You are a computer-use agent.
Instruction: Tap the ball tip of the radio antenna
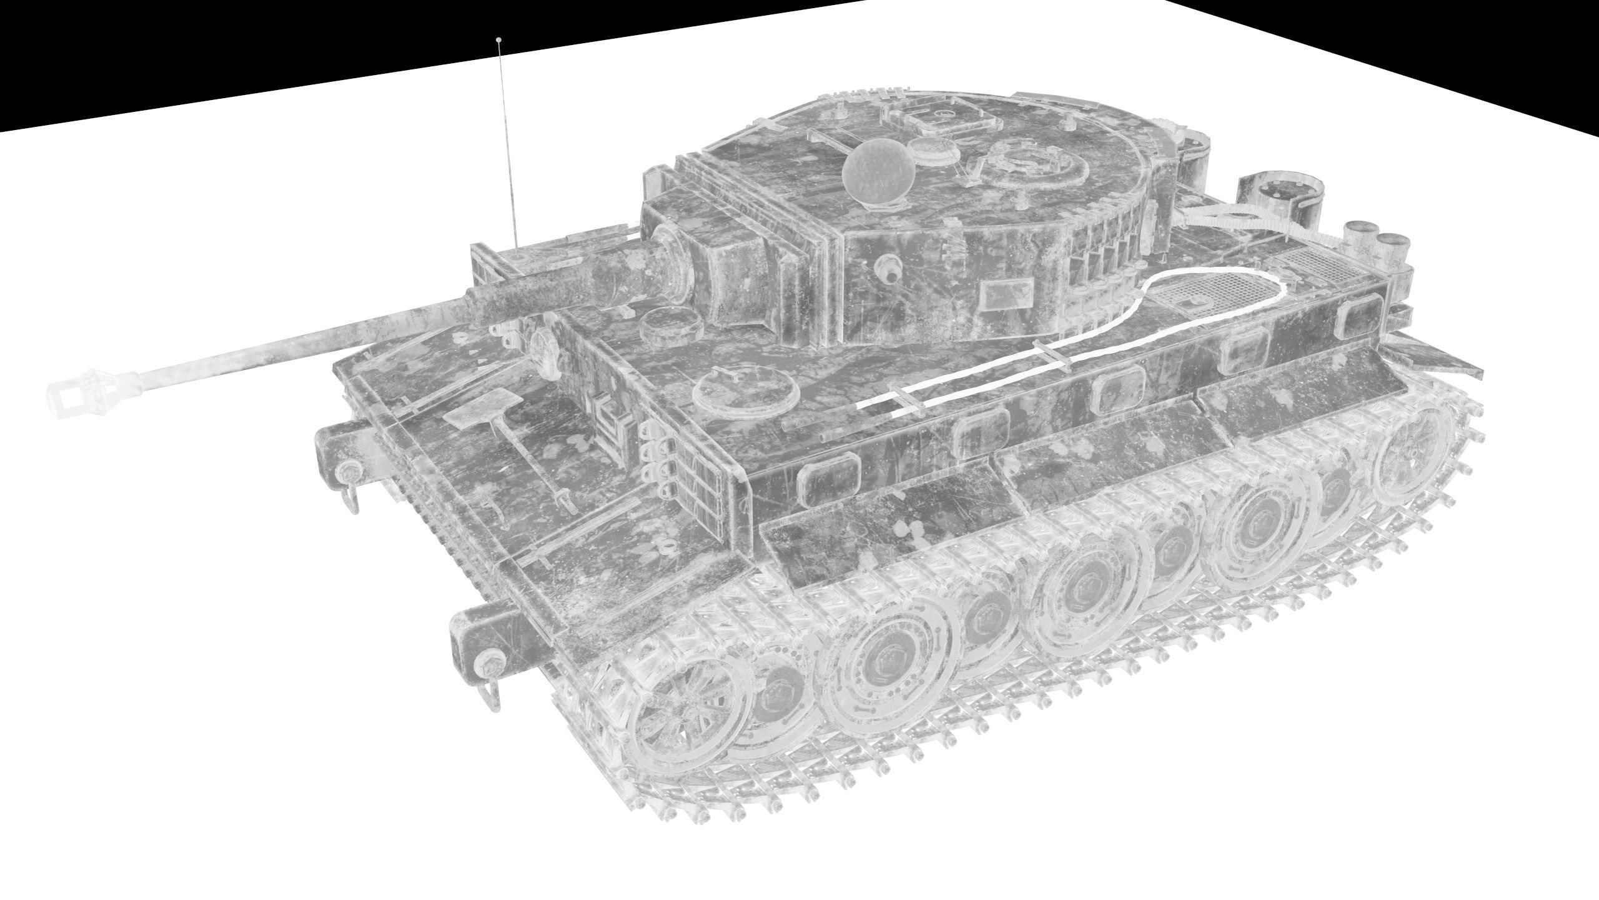click(x=498, y=40)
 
